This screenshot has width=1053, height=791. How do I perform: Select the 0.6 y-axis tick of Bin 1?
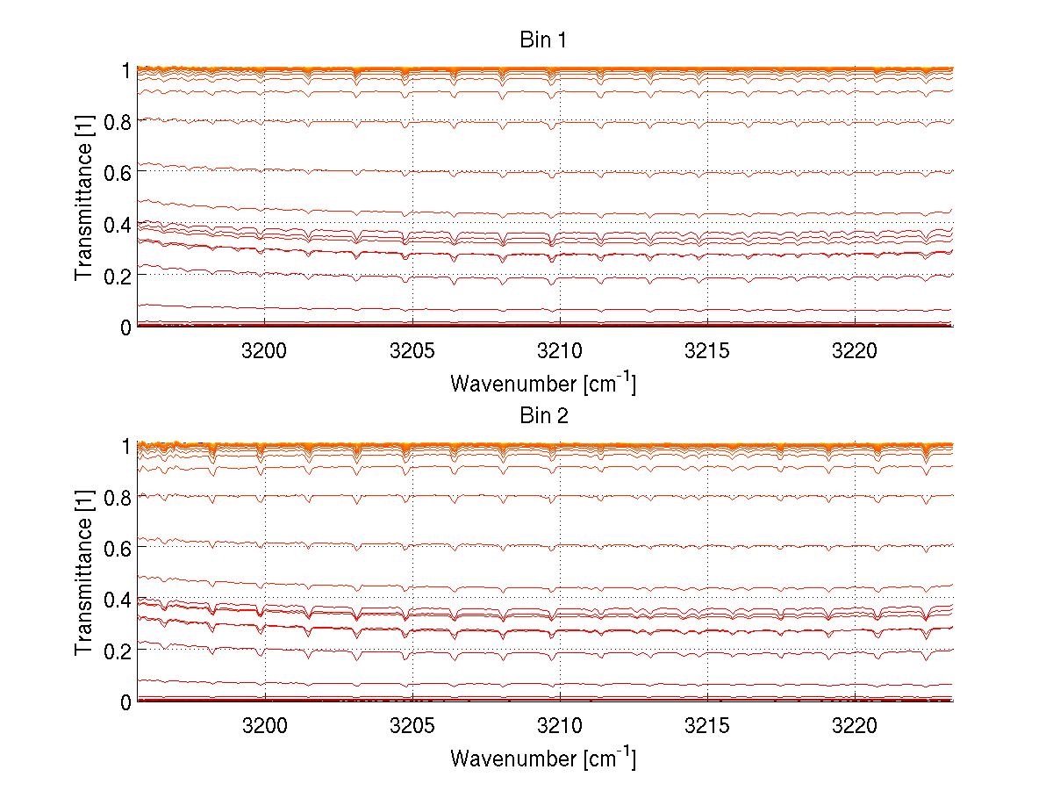click(118, 172)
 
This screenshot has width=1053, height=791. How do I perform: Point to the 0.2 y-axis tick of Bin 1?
click(118, 275)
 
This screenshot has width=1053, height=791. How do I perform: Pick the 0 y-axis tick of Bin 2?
click(125, 702)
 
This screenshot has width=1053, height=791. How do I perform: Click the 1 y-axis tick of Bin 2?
click(125, 446)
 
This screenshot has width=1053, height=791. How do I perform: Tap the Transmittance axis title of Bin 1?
click(84, 198)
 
